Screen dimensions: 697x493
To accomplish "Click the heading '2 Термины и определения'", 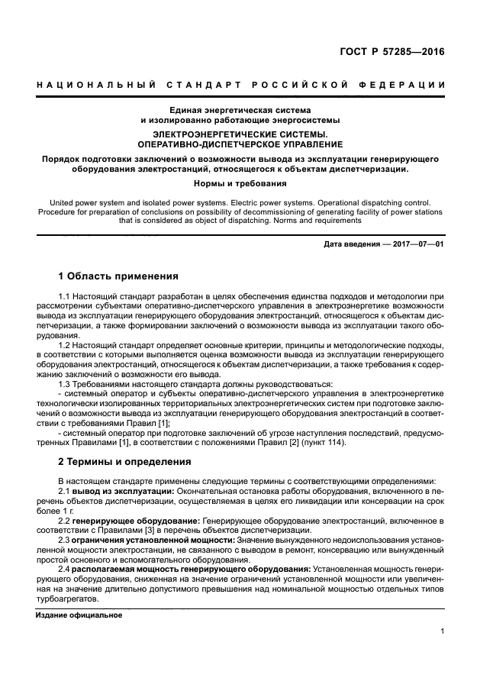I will pos(124,463).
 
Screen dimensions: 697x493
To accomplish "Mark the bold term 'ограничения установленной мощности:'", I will pos(156,540).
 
